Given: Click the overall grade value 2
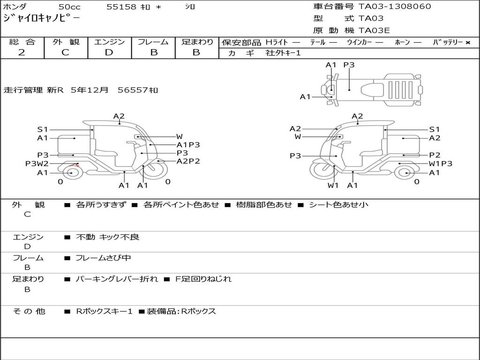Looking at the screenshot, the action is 22,52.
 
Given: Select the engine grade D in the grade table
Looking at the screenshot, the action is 109,52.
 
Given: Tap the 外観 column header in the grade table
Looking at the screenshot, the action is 66,42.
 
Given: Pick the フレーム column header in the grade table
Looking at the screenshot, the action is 153,42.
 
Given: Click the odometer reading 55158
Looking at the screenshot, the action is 121,7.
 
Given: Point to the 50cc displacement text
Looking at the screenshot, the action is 69,7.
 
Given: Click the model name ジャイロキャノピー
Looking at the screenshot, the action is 42,19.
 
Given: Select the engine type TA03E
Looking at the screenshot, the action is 375,31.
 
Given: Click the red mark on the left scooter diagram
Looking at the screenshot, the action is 73,165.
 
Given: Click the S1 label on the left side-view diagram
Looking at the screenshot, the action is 43,129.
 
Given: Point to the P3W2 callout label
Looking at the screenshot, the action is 37,164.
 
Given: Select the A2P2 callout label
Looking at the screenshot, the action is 188,161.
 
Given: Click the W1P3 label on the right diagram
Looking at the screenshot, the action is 441,164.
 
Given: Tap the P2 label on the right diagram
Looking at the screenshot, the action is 435,155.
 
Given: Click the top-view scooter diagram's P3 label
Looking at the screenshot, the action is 349,65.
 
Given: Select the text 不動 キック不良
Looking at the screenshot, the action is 107,237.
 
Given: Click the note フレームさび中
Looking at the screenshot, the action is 103,258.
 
